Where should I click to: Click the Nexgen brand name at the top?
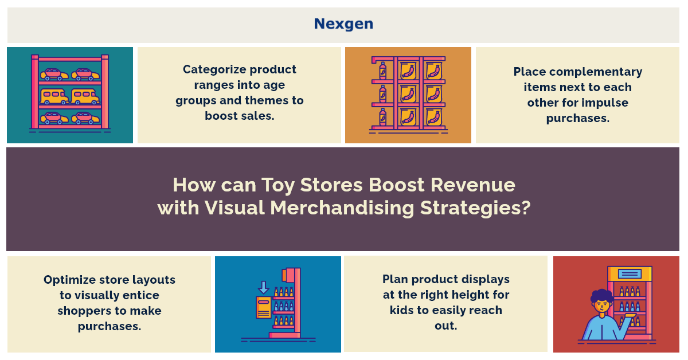click(x=343, y=24)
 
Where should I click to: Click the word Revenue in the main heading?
click(x=472, y=185)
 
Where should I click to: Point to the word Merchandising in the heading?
click(x=342, y=208)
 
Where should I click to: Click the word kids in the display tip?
click(x=401, y=310)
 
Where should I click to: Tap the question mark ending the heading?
click(x=526, y=208)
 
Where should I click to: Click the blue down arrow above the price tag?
click(x=264, y=287)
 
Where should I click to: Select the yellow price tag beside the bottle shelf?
click(x=264, y=307)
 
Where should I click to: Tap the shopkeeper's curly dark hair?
click(x=602, y=297)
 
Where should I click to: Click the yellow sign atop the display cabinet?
click(x=630, y=273)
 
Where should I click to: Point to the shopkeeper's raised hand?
click(x=629, y=316)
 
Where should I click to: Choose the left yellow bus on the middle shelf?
click(x=54, y=96)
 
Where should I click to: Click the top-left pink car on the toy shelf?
click(x=54, y=75)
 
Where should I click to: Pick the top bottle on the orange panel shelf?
click(x=383, y=71)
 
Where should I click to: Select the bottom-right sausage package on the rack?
click(x=433, y=118)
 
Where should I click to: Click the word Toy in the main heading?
click(x=278, y=186)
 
